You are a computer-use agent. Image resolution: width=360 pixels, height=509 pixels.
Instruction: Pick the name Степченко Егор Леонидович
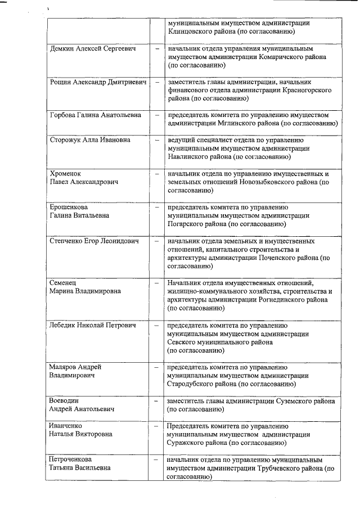click(x=94, y=241)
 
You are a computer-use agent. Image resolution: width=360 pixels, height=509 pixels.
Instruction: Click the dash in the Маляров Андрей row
click(x=157, y=367)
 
